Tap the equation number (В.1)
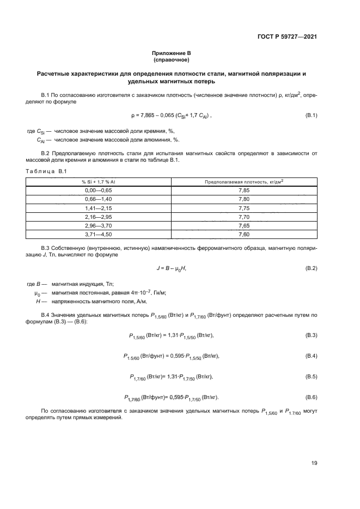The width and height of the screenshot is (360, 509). click(311, 115)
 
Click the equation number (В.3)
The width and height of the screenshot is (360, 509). click(311, 335)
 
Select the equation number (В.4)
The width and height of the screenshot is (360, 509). click(311, 355)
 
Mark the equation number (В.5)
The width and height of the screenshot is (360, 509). click(311, 376)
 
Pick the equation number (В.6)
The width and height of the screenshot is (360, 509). click(311, 397)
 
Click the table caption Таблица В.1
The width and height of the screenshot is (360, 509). click(46, 172)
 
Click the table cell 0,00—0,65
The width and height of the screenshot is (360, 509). click(99, 191)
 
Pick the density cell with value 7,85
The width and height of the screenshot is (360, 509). click(244, 191)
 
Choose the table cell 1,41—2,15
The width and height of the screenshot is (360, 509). click(99, 208)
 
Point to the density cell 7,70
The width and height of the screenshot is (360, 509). click(244, 217)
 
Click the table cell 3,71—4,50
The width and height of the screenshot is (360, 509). click(99, 235)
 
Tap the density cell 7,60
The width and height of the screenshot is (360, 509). click(244, 235)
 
